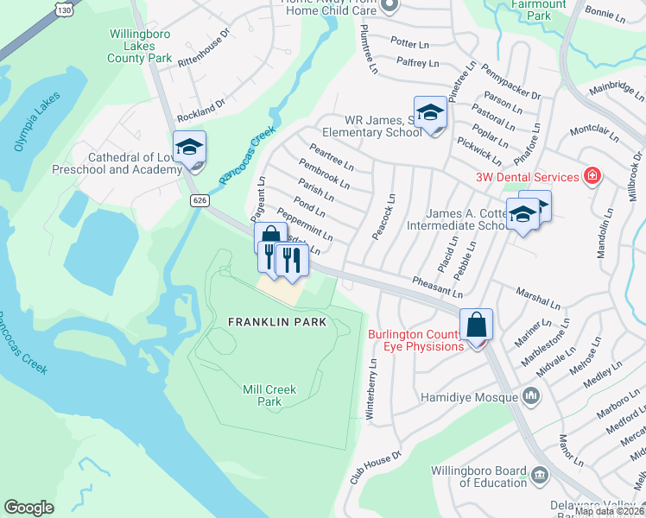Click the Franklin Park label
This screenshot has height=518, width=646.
(x=277, y=322)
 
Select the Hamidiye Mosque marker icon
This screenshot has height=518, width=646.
(x=530, y=397)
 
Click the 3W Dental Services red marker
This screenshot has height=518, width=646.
(x=592, y=177)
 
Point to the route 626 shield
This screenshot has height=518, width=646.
(x=200, y=200)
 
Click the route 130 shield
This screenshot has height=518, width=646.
(x=61, y=9)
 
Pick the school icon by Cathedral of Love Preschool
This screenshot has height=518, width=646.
(x=189, y=147)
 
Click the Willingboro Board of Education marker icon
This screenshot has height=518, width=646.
(x=540, y=474)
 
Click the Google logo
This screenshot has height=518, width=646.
(x=28, y=508)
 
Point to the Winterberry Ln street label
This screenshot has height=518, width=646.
(x=372, y=388)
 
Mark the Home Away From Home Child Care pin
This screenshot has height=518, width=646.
(x=389, y=5)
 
